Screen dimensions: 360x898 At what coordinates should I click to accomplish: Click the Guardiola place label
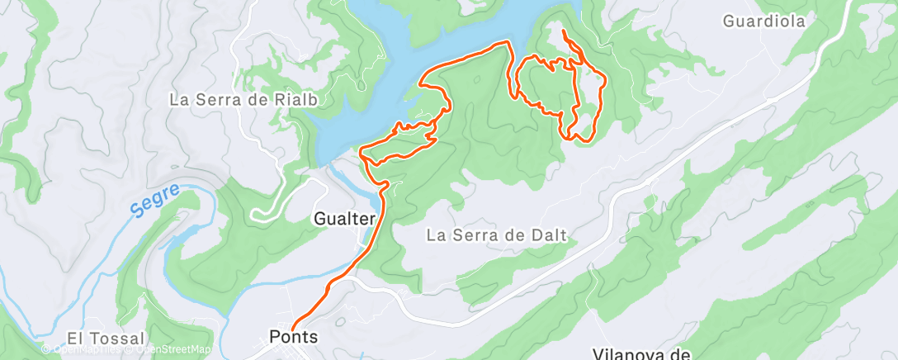[763, 21]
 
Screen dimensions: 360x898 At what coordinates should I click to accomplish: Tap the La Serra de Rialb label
[243, 99]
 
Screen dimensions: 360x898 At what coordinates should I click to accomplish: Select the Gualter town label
[345, 219]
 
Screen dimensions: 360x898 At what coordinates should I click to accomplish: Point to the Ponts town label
[293, 337]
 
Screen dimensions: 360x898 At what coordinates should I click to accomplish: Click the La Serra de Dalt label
[497, 235]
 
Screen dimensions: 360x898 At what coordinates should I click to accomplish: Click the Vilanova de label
[640, 353]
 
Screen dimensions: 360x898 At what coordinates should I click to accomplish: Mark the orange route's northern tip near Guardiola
[563, 31]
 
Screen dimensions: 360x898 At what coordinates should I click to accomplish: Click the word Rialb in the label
[299, 99]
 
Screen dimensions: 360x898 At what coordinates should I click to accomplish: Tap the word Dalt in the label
[550, 235]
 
